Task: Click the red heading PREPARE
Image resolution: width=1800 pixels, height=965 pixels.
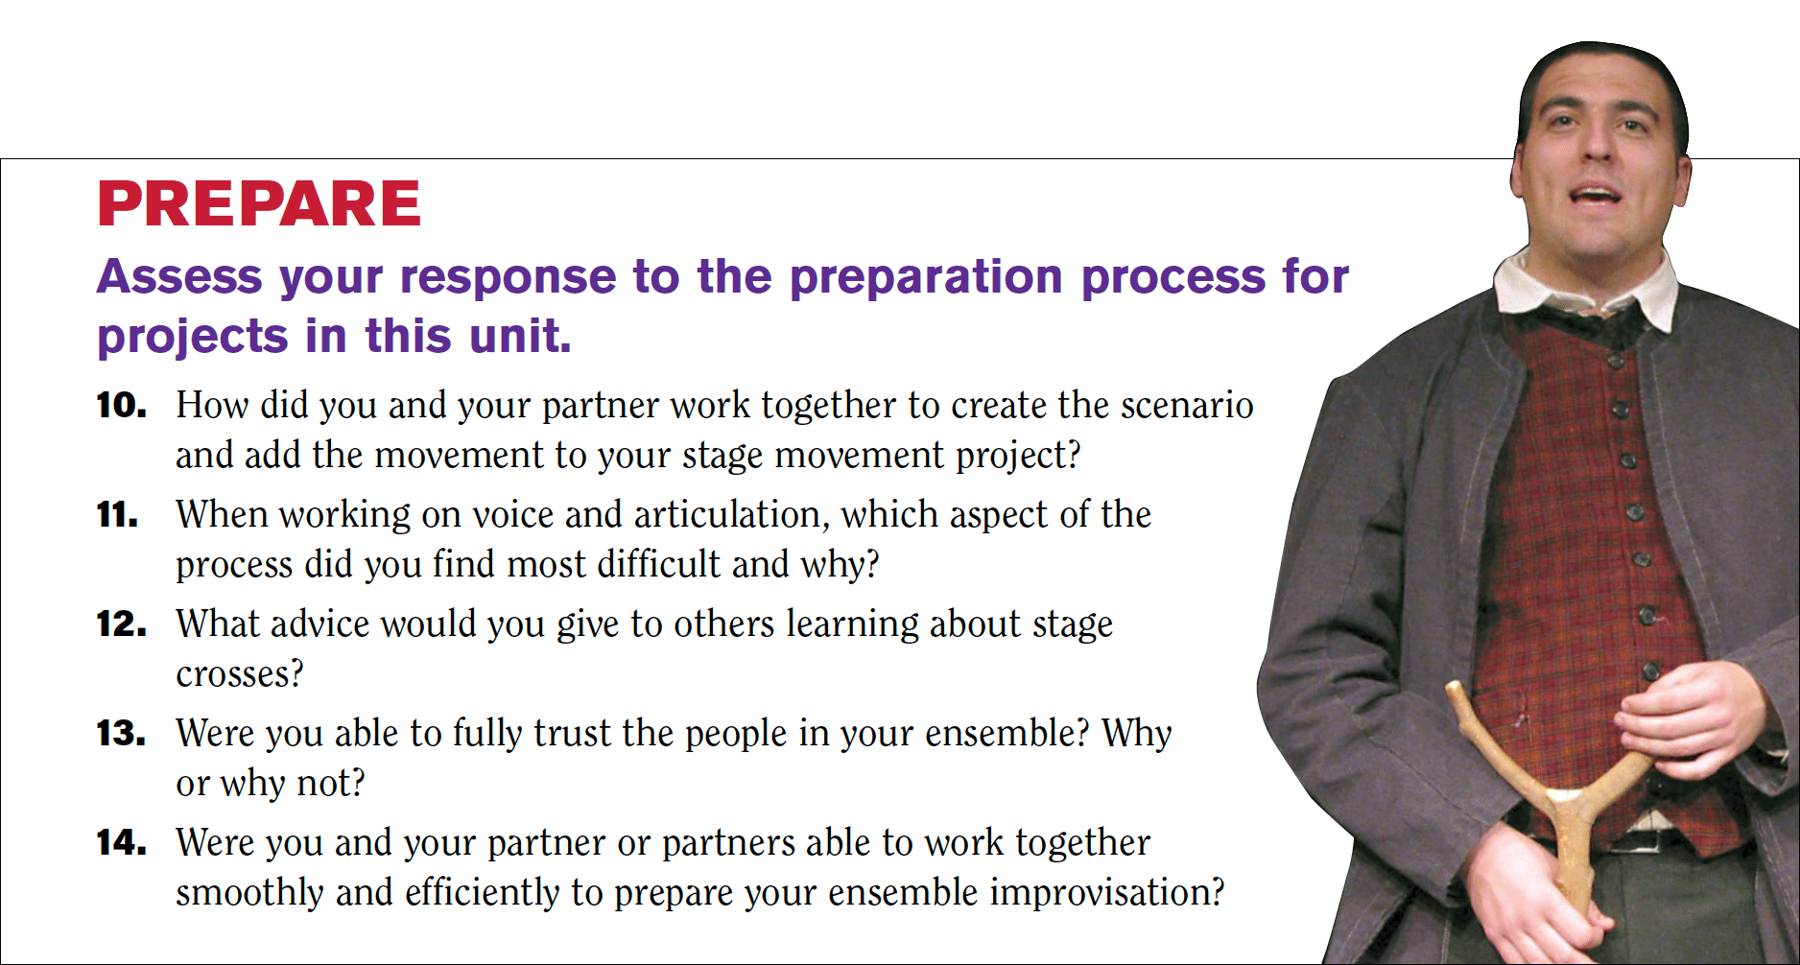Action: pyautogui.click(x=259, y=203)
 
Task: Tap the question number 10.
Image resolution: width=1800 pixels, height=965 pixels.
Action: pyautogui.click(x=121, y=405)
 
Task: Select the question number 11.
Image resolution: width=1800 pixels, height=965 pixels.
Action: pyautogui.click(x=118, y=515)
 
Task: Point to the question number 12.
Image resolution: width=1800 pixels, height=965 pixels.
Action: pyautogui.click(x=121, y=624)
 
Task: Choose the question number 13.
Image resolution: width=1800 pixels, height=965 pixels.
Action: pyautogui.click(x=121, y=734)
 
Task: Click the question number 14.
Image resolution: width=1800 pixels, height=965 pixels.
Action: pyautogui.click(x=121, y=843)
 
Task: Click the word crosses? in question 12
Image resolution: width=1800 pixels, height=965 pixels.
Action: pyautogui.click(x=240, y=674)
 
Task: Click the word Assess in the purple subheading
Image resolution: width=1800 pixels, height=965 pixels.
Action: pyautogui.click(x=179, y=276)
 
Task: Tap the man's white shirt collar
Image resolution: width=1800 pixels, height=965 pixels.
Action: pyautogui.click(x=1583, y=288)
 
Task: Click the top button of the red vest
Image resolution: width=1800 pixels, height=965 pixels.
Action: pyautogui.click(x=1616, y=362)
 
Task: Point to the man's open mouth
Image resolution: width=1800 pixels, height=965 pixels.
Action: pyautogui.click(x=1596, y=196)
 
